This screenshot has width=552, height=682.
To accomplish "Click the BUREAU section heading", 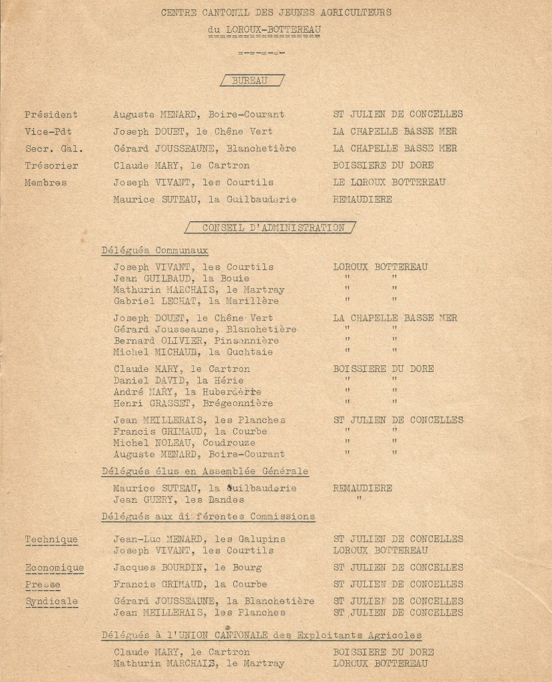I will [x=250, y=81].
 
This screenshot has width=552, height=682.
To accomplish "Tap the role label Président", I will [x=51, y=115].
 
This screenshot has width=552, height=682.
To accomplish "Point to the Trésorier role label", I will [x=51, y=165].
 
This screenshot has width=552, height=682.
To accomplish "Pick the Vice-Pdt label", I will [x=50, y=131].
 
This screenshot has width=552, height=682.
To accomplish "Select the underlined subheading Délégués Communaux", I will [x=154, y=251].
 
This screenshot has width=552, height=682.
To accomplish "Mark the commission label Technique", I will [x=51, y=539].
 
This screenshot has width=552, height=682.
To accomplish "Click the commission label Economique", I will [x=55, y=568].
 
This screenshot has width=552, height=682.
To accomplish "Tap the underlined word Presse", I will [x=43, y=585].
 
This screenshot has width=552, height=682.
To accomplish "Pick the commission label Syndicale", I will [x=51, y=601].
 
